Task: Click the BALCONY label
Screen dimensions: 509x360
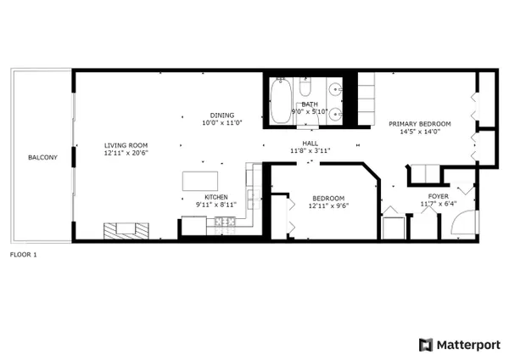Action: (x=42, y=158)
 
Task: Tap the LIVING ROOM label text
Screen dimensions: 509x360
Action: (x=126, y=145)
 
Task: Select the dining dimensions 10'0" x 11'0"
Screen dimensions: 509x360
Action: (x=222, y=123)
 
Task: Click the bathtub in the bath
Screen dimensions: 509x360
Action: (x=281, y=100)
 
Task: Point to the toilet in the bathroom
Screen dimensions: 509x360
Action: (x=305, y=87)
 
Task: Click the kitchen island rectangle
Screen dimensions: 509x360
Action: (x=200, y=181)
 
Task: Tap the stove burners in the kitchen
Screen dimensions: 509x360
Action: (x=225, y=222)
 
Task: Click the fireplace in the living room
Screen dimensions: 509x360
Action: (x=126, y=231)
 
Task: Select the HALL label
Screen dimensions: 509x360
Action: (x=310, y=143)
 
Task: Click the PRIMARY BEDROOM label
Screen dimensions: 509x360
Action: (x=420, y=124)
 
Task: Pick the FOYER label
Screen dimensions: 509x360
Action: (x=439, y=196)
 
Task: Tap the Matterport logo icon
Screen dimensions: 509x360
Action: (x=426, y=345)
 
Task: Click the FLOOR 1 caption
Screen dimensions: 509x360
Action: (x=24, y=255)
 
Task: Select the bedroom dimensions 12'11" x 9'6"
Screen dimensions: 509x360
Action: (x=328, y=205)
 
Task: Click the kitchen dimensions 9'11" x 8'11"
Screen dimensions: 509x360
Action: (x=216, y=205)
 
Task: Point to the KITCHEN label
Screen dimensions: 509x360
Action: (x=216, y=197)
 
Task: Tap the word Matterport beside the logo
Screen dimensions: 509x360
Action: (x=468, y=345)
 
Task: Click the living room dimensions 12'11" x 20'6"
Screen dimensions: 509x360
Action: (x=126, y=153)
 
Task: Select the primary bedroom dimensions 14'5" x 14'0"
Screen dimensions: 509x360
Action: (x=420, y=132)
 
